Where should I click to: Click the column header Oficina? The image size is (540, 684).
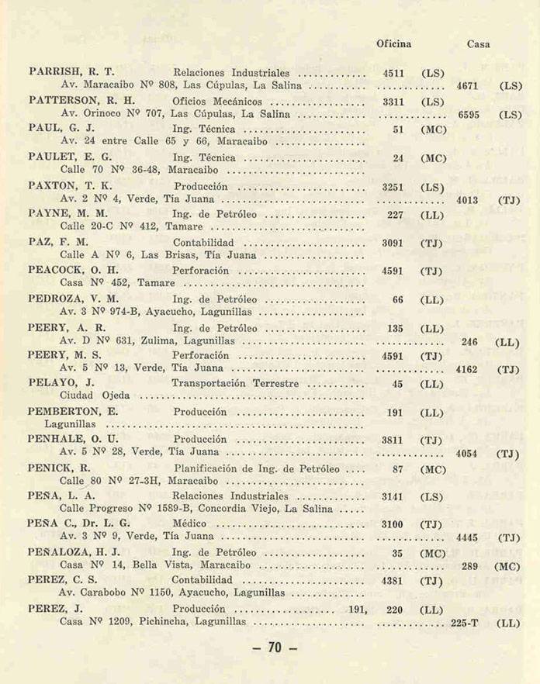(x=393, y=44)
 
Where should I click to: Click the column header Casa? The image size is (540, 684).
(x=478, y=44)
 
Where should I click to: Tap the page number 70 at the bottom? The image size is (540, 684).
(x=275, y=648)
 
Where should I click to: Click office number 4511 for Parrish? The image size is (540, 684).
(x=393, y=74)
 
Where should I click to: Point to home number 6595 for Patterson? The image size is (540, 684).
(x=469, y=115)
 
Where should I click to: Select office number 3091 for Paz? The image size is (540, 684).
(x=393, y=243)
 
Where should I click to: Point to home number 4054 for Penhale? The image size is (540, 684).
(x=467, y=453)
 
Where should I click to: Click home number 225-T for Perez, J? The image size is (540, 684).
(x=465, y=622)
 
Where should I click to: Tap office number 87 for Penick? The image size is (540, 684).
(x=397, y=469)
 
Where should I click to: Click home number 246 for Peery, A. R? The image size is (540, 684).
(x=469, y=341)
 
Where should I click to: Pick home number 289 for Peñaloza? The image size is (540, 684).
(x=469, y=566)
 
